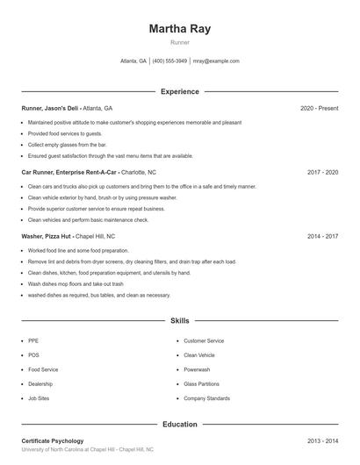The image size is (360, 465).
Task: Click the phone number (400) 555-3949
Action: pyautogui.click(x=169, y=61)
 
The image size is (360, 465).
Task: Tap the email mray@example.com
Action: pyautogui.click(x=216, y=61)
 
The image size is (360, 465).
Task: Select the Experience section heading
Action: pyautogui.click(x=179, y=91)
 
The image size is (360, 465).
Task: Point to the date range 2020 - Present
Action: pyautogui.click(x=319, y=108)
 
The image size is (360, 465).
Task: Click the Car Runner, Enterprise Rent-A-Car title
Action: pyautogui.click(x=69, y=172)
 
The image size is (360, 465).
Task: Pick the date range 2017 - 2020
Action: pyautogui.click(x=322, y=172)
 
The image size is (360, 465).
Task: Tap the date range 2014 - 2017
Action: pyautogui.click(x=322, y=236)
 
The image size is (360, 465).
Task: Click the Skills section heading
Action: pyautogui.click(x=179, y=321)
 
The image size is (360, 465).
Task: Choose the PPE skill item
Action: pyautogui.click(x=33, y=340)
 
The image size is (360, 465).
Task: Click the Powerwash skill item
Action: pyautogui.click(x=197, y=369)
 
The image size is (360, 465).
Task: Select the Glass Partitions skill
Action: pyautogui.click(x=201, y=383)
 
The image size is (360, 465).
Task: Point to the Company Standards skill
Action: pyautogui.click(x=206, y=398)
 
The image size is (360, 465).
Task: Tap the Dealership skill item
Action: pyautogui.click(x=40, y=383)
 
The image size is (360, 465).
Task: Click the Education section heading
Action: pyautogui.click(x=179, y=424)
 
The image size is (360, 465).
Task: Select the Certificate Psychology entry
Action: pyautogui.click(x=53, y=440)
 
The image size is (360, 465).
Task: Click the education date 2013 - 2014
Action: pyautogui.click(x=322, y=440)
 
